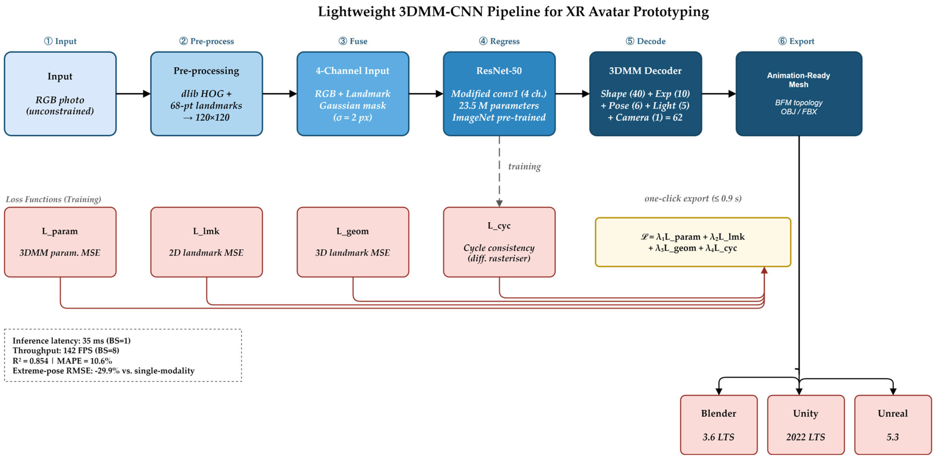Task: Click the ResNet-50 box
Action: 499,94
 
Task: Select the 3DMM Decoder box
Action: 645,94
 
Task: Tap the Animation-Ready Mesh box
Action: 799,94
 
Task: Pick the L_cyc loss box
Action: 499,242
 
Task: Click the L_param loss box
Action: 60,242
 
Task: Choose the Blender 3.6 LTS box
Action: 719,425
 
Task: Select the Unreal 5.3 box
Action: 893,425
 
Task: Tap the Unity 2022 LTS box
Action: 806,425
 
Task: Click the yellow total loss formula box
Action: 693,242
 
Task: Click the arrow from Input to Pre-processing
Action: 133,94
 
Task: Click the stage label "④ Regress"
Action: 499,41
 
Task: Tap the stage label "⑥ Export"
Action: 796,41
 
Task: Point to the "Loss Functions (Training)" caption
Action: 54,199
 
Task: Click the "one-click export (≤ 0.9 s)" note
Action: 693,198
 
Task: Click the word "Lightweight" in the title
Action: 356,12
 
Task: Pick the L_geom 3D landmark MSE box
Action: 353,242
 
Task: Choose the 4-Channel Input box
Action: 353,94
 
